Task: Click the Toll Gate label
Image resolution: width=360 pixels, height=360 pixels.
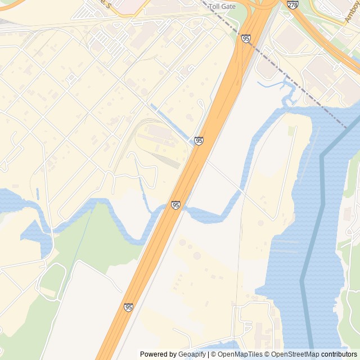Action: pyautogui.click(x=222, y=6)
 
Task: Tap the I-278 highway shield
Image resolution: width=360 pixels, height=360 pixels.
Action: pyautogui.click(x=292, y=4)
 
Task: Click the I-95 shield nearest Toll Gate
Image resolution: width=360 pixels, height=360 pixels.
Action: pyautogui.click(x=246, y=38)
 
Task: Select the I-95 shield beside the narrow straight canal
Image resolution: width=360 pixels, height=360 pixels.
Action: pyautogui.click(x=199, y=141)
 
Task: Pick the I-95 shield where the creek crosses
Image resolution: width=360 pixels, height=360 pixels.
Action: pyautogui.click(x=176, y=205)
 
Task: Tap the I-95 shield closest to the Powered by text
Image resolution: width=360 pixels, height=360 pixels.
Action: pyautogui.click(x=129, y=307)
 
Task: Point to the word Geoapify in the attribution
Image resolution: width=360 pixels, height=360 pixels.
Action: pyautogui.click(x=192, y=354)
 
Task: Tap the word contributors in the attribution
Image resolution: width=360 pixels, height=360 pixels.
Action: pyautogui.click(x=339, y=354)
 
